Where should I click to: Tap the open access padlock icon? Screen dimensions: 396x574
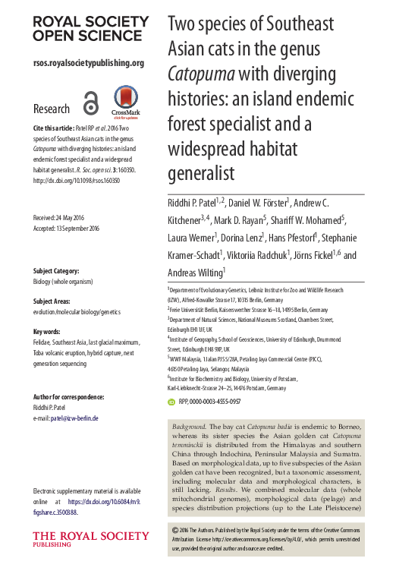pos(90,104)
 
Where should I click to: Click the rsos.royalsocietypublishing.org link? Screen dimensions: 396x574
pos(88,63)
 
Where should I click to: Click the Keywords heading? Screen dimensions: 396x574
pos(46,332)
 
